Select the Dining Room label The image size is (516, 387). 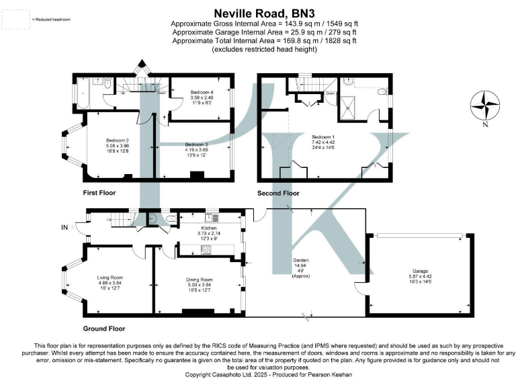point(199,279)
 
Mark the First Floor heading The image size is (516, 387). point(99,193)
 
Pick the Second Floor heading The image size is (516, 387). point(278,193)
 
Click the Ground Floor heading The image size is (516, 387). point(103,329)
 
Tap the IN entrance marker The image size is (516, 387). point(65,228)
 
